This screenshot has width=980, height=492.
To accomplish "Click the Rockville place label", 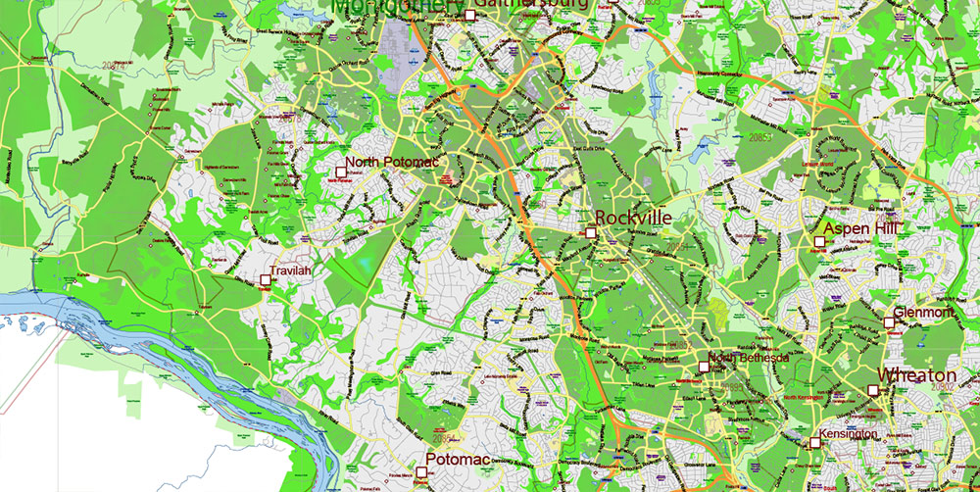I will tap(632, 217).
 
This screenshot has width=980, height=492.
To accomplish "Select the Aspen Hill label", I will tap(860, 228).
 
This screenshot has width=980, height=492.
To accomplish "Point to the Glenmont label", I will tap(923, 312).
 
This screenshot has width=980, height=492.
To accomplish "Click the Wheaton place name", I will tap(916, 375).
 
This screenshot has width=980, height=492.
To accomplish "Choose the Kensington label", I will tap(848, 432).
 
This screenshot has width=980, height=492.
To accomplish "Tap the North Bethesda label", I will tap(750, 359).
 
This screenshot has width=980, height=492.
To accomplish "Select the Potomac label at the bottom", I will tap(457, 459).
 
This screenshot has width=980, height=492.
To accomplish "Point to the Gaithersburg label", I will tap(530, 5).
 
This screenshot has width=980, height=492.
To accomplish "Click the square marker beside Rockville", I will tap(591, 232).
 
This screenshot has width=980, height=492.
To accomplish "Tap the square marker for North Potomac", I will tap(341, 172).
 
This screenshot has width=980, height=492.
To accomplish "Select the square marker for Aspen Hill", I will tap(818, 240).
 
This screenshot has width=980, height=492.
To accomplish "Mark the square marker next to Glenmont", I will tap(888, 322).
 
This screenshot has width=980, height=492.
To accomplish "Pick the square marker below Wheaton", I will tap(872, 390).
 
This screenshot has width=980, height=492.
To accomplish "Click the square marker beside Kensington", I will tap(814, 442).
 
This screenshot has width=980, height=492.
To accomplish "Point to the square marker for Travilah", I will tap(265, 280).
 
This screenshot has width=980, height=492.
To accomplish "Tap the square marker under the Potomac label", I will tap(421, 472).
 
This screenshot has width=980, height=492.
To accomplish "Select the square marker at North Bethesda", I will tap(704, 367).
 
